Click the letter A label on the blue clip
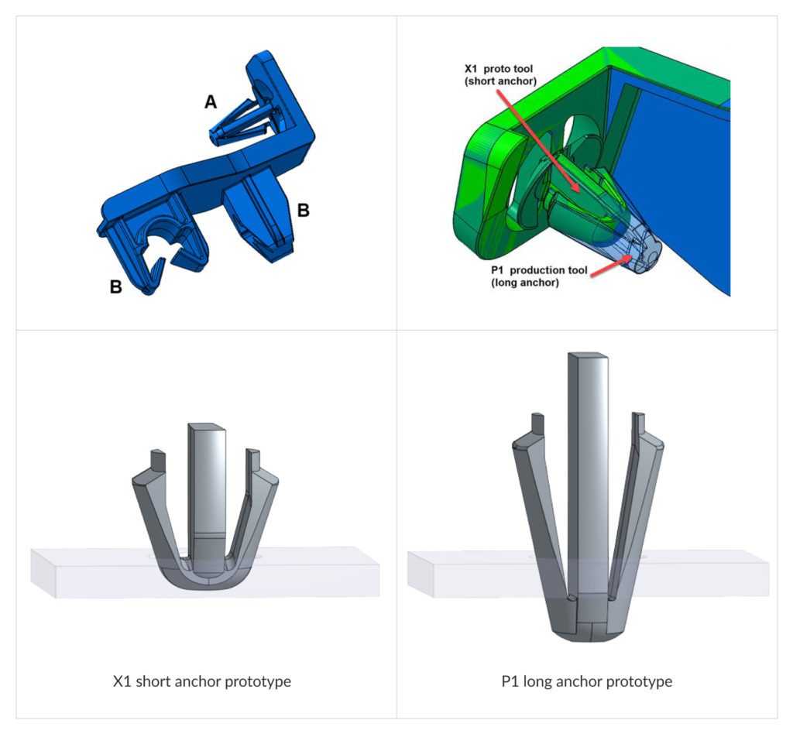[210, 102]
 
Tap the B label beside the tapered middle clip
[304, 211]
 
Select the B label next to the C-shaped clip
[116, 286]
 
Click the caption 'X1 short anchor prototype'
[202, 682]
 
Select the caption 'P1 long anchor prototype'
[586, 682]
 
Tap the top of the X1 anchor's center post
[207, 427]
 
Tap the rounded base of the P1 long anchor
[586, 631]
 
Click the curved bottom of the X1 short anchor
[205, 585]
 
